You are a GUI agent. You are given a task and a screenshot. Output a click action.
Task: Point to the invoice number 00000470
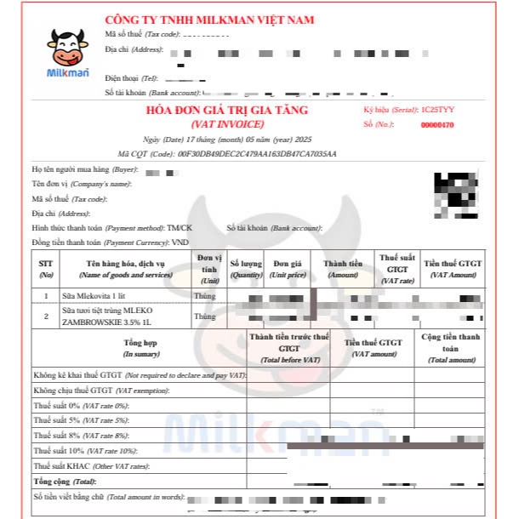pyautogui.click(x=437, y=125)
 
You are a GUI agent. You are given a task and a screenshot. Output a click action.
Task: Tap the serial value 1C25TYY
pyautogui.click(x=437, y=111)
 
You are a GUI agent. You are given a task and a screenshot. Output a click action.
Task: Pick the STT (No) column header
pyautogui.click(x=46, y=269)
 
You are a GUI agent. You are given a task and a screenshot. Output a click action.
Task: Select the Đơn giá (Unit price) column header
pyautogui.click(x=288, y=269)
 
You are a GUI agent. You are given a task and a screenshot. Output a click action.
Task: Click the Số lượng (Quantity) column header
pyautogui.click(x=246, y=269)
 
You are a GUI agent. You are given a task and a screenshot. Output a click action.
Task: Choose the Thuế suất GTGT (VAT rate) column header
pyautogui.click(x=397, y=268)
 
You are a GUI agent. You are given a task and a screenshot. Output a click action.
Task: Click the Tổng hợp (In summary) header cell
pyautogui.click(x=140, y=347)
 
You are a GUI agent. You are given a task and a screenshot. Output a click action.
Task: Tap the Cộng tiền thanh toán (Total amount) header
pyautogui.click(x=451, y=348)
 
